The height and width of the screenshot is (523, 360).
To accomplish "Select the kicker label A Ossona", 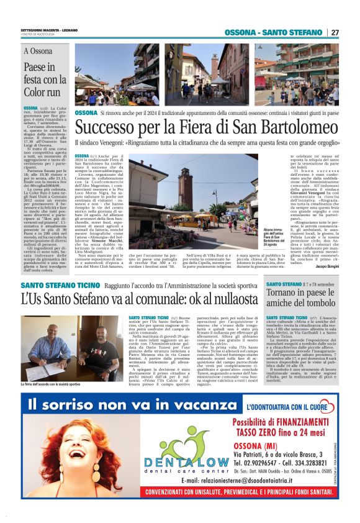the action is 38,52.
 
